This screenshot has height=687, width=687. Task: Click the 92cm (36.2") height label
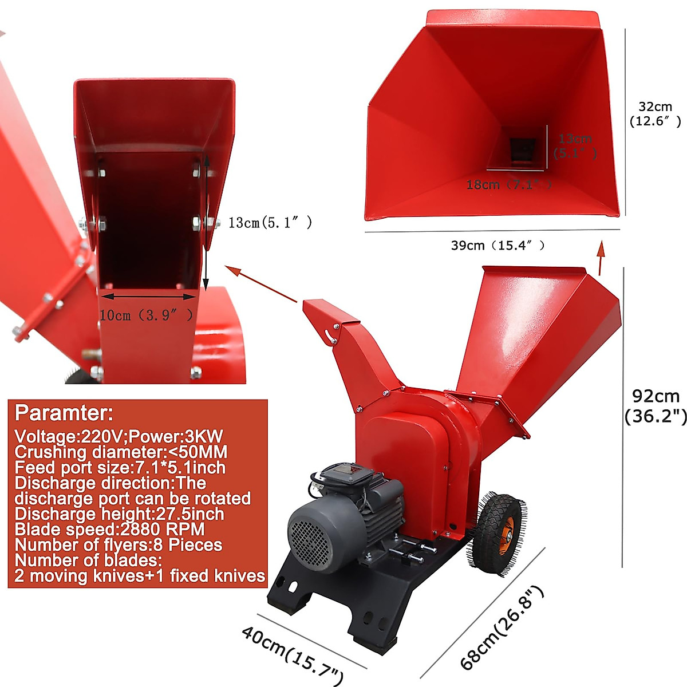point(656,406)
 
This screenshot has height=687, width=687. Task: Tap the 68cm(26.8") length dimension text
point(502,628)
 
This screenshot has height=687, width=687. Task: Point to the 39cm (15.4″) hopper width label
point(498,246)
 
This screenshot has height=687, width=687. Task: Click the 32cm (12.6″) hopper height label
point(656,114)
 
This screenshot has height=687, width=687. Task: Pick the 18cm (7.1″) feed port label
point(509,185)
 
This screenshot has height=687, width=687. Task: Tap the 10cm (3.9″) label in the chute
point(146,315)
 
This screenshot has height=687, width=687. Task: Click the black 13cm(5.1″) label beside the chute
point(270,223)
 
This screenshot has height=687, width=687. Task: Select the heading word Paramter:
point(64,413)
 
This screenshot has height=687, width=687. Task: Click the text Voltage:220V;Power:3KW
point(119,436)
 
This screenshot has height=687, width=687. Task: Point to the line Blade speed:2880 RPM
point(109,529)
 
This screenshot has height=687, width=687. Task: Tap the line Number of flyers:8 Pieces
point(119,544)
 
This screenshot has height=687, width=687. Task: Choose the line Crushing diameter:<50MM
point(121,452)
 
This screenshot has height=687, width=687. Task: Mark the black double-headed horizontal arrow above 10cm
point(148,297)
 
